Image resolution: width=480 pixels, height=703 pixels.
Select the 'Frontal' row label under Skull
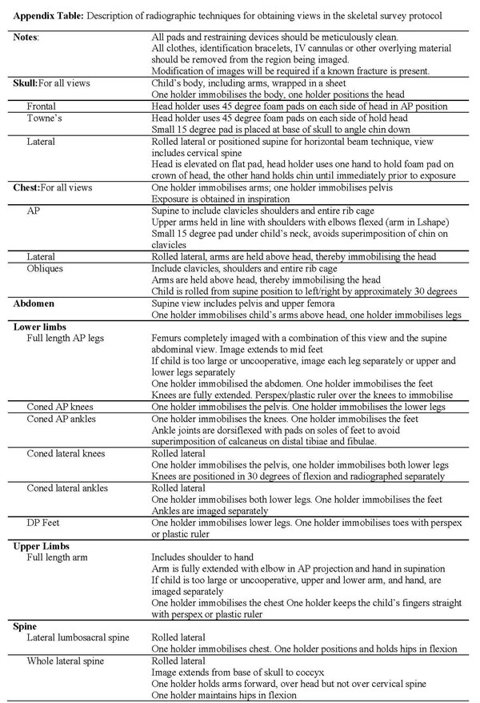(42, 106)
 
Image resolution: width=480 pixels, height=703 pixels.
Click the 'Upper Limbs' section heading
(42, 546)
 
